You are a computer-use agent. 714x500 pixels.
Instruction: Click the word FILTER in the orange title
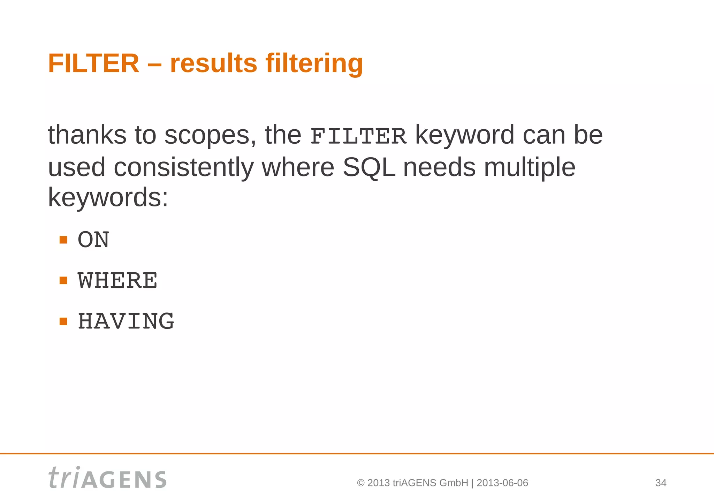point(93,63)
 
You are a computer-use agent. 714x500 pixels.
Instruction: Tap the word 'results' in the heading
point(213,63)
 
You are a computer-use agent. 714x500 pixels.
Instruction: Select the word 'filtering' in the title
point(314,63)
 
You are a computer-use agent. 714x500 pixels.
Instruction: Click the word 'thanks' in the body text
point(87,135)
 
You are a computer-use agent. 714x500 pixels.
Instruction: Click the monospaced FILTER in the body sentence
point(358,136)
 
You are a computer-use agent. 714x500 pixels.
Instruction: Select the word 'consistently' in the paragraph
point(184,167)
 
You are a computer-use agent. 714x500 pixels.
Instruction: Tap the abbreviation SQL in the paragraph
point(369,167)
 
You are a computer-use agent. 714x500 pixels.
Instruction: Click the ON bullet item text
point(93,240)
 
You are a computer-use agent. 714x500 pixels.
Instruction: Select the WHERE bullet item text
point(117,281)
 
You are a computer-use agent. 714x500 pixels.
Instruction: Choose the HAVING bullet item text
point(126,321)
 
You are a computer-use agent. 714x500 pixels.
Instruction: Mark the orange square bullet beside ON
point(63,240)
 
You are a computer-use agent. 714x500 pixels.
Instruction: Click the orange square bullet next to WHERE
point(63,280)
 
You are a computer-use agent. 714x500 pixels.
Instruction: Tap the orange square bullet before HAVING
point(63,321)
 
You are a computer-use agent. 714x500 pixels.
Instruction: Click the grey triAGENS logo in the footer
point(107,478)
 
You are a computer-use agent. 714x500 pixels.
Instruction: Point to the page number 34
point(661,483)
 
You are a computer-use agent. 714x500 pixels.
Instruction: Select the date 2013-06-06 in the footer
point(502,483)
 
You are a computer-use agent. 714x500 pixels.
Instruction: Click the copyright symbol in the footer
point(361,483)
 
